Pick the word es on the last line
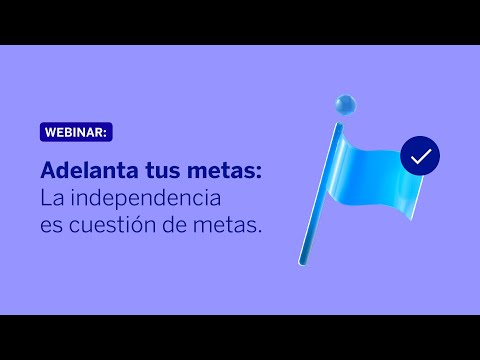52,225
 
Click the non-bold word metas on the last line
230,225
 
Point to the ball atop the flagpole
346,103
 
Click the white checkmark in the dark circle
420,155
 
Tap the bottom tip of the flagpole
301,262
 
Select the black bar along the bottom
240,337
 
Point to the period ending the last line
261,232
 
